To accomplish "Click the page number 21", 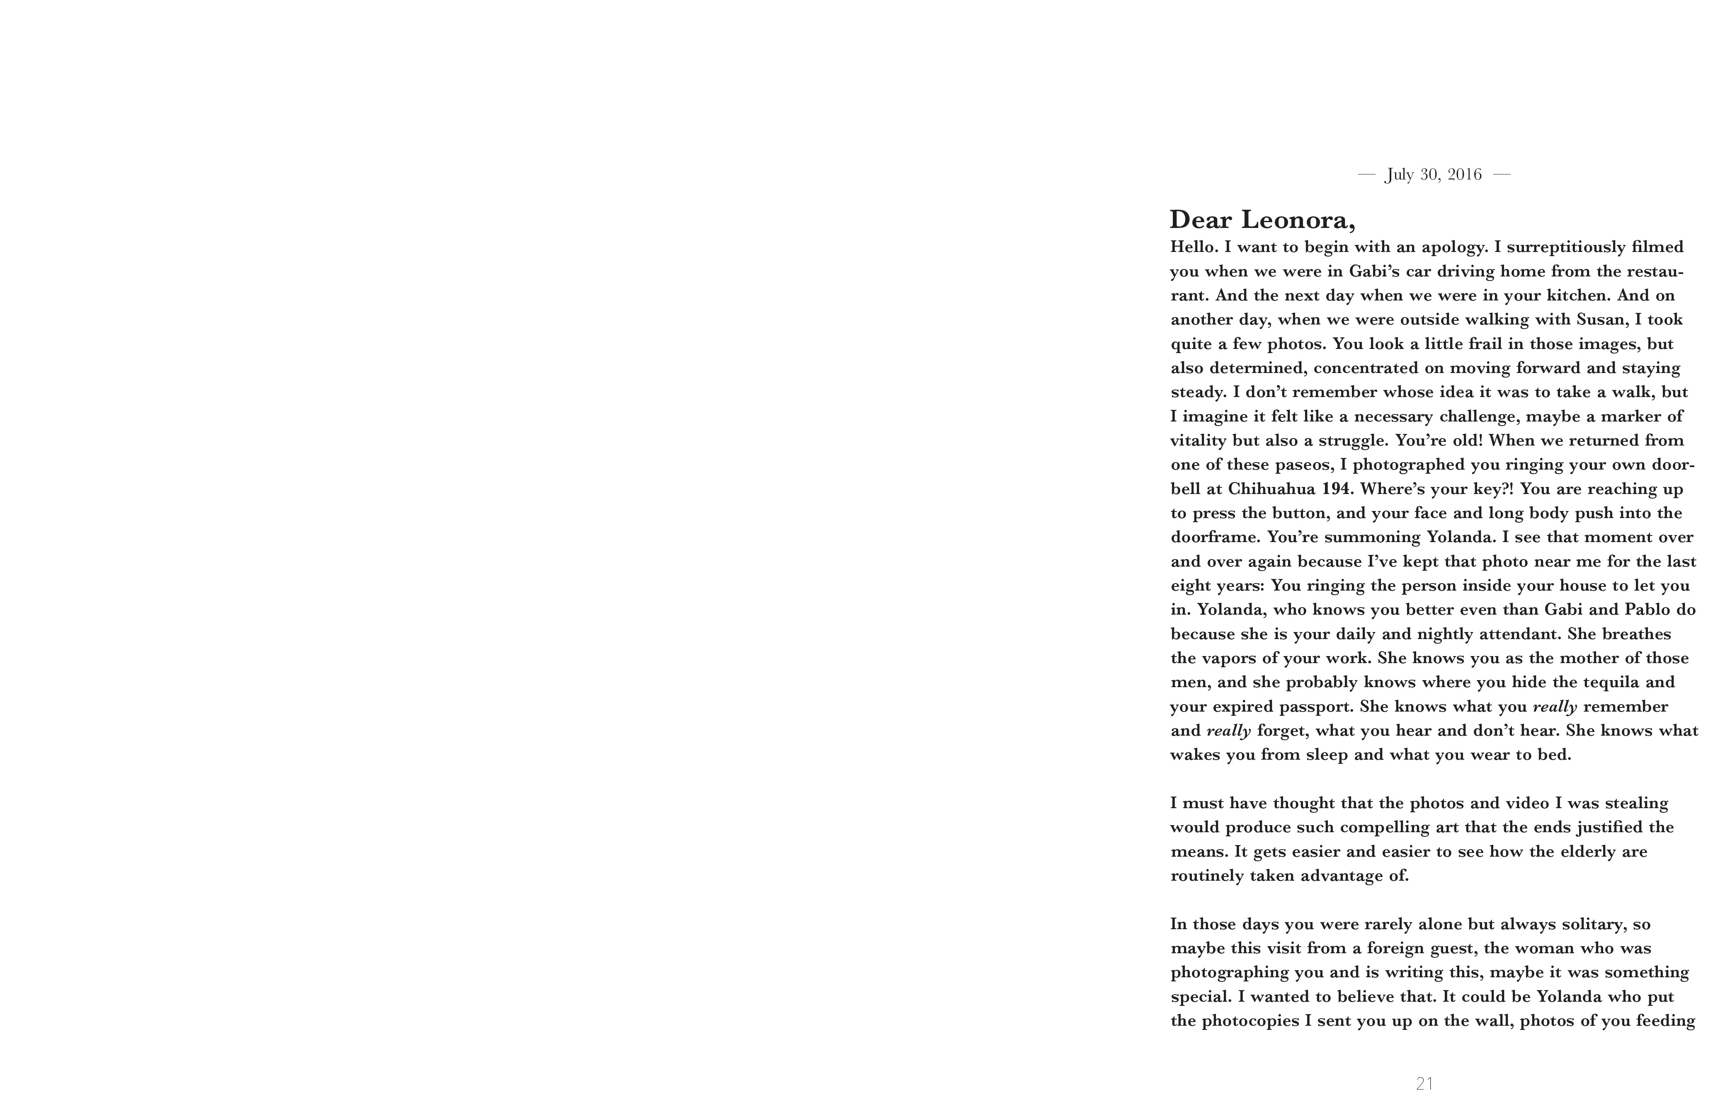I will (1425, 1083).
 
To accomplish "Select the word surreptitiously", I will (1563, 247).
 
